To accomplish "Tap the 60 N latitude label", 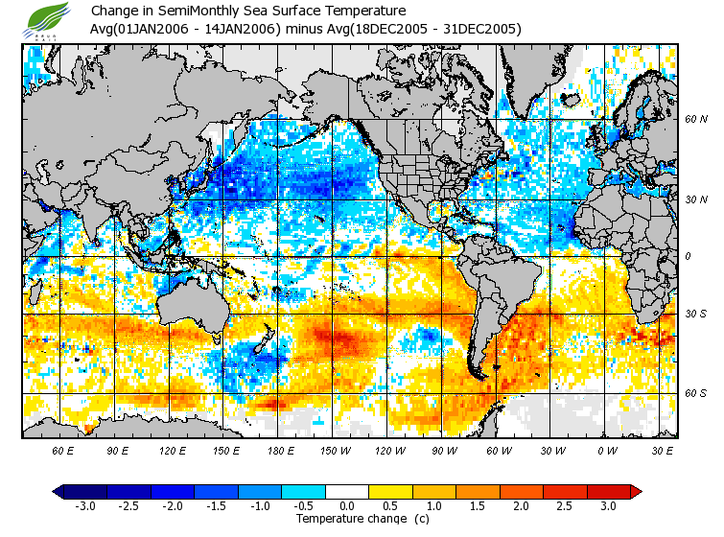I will point(695,119).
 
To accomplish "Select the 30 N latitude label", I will point(695,199).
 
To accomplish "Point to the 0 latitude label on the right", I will point(687,257).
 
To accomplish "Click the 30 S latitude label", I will point(695,315).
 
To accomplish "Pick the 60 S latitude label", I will point(695,393).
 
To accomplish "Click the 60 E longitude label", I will point(63,450).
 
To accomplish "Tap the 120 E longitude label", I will point(173,450).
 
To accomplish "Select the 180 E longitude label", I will point(282,450).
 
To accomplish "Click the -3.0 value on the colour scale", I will point(84,506).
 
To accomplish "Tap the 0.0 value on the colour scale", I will point(347,506).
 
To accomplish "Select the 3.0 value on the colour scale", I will point(608,506).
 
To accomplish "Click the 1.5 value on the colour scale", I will point(479,506).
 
